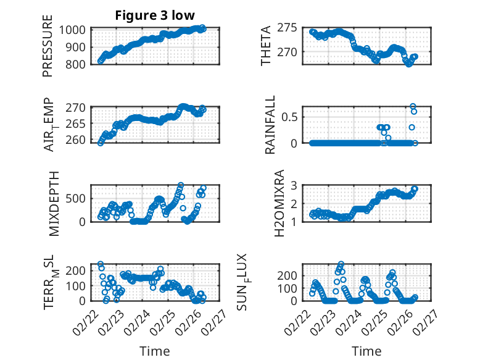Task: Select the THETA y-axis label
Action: click(x=266, y=46)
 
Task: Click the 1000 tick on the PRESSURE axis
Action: click(x=75, y=30)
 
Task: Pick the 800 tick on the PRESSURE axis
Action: click(x=78, y=64)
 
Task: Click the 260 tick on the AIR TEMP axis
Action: click(x=78, y=140)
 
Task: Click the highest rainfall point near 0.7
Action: click(x=413, y=106)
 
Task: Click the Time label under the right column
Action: click(x=366, y=351)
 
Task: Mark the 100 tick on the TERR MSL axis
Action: click(x=78, y=286)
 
